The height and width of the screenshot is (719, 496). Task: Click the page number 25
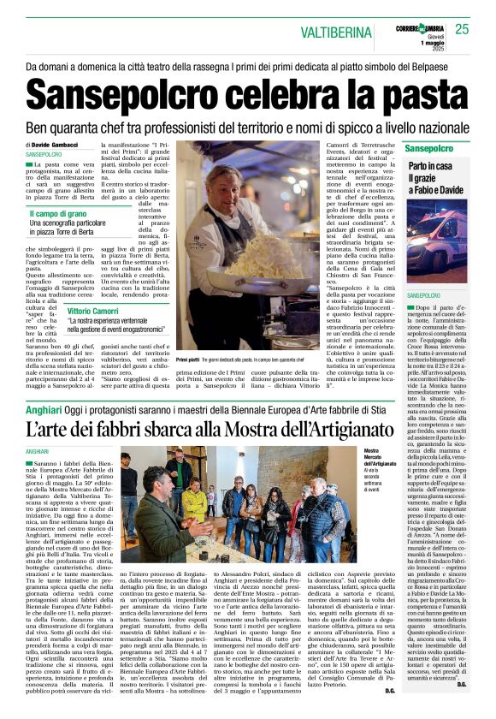pyautogui.click(x=463, y=30)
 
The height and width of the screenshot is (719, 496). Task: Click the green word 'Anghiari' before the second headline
pyautogui.click(x=44, y=410)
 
